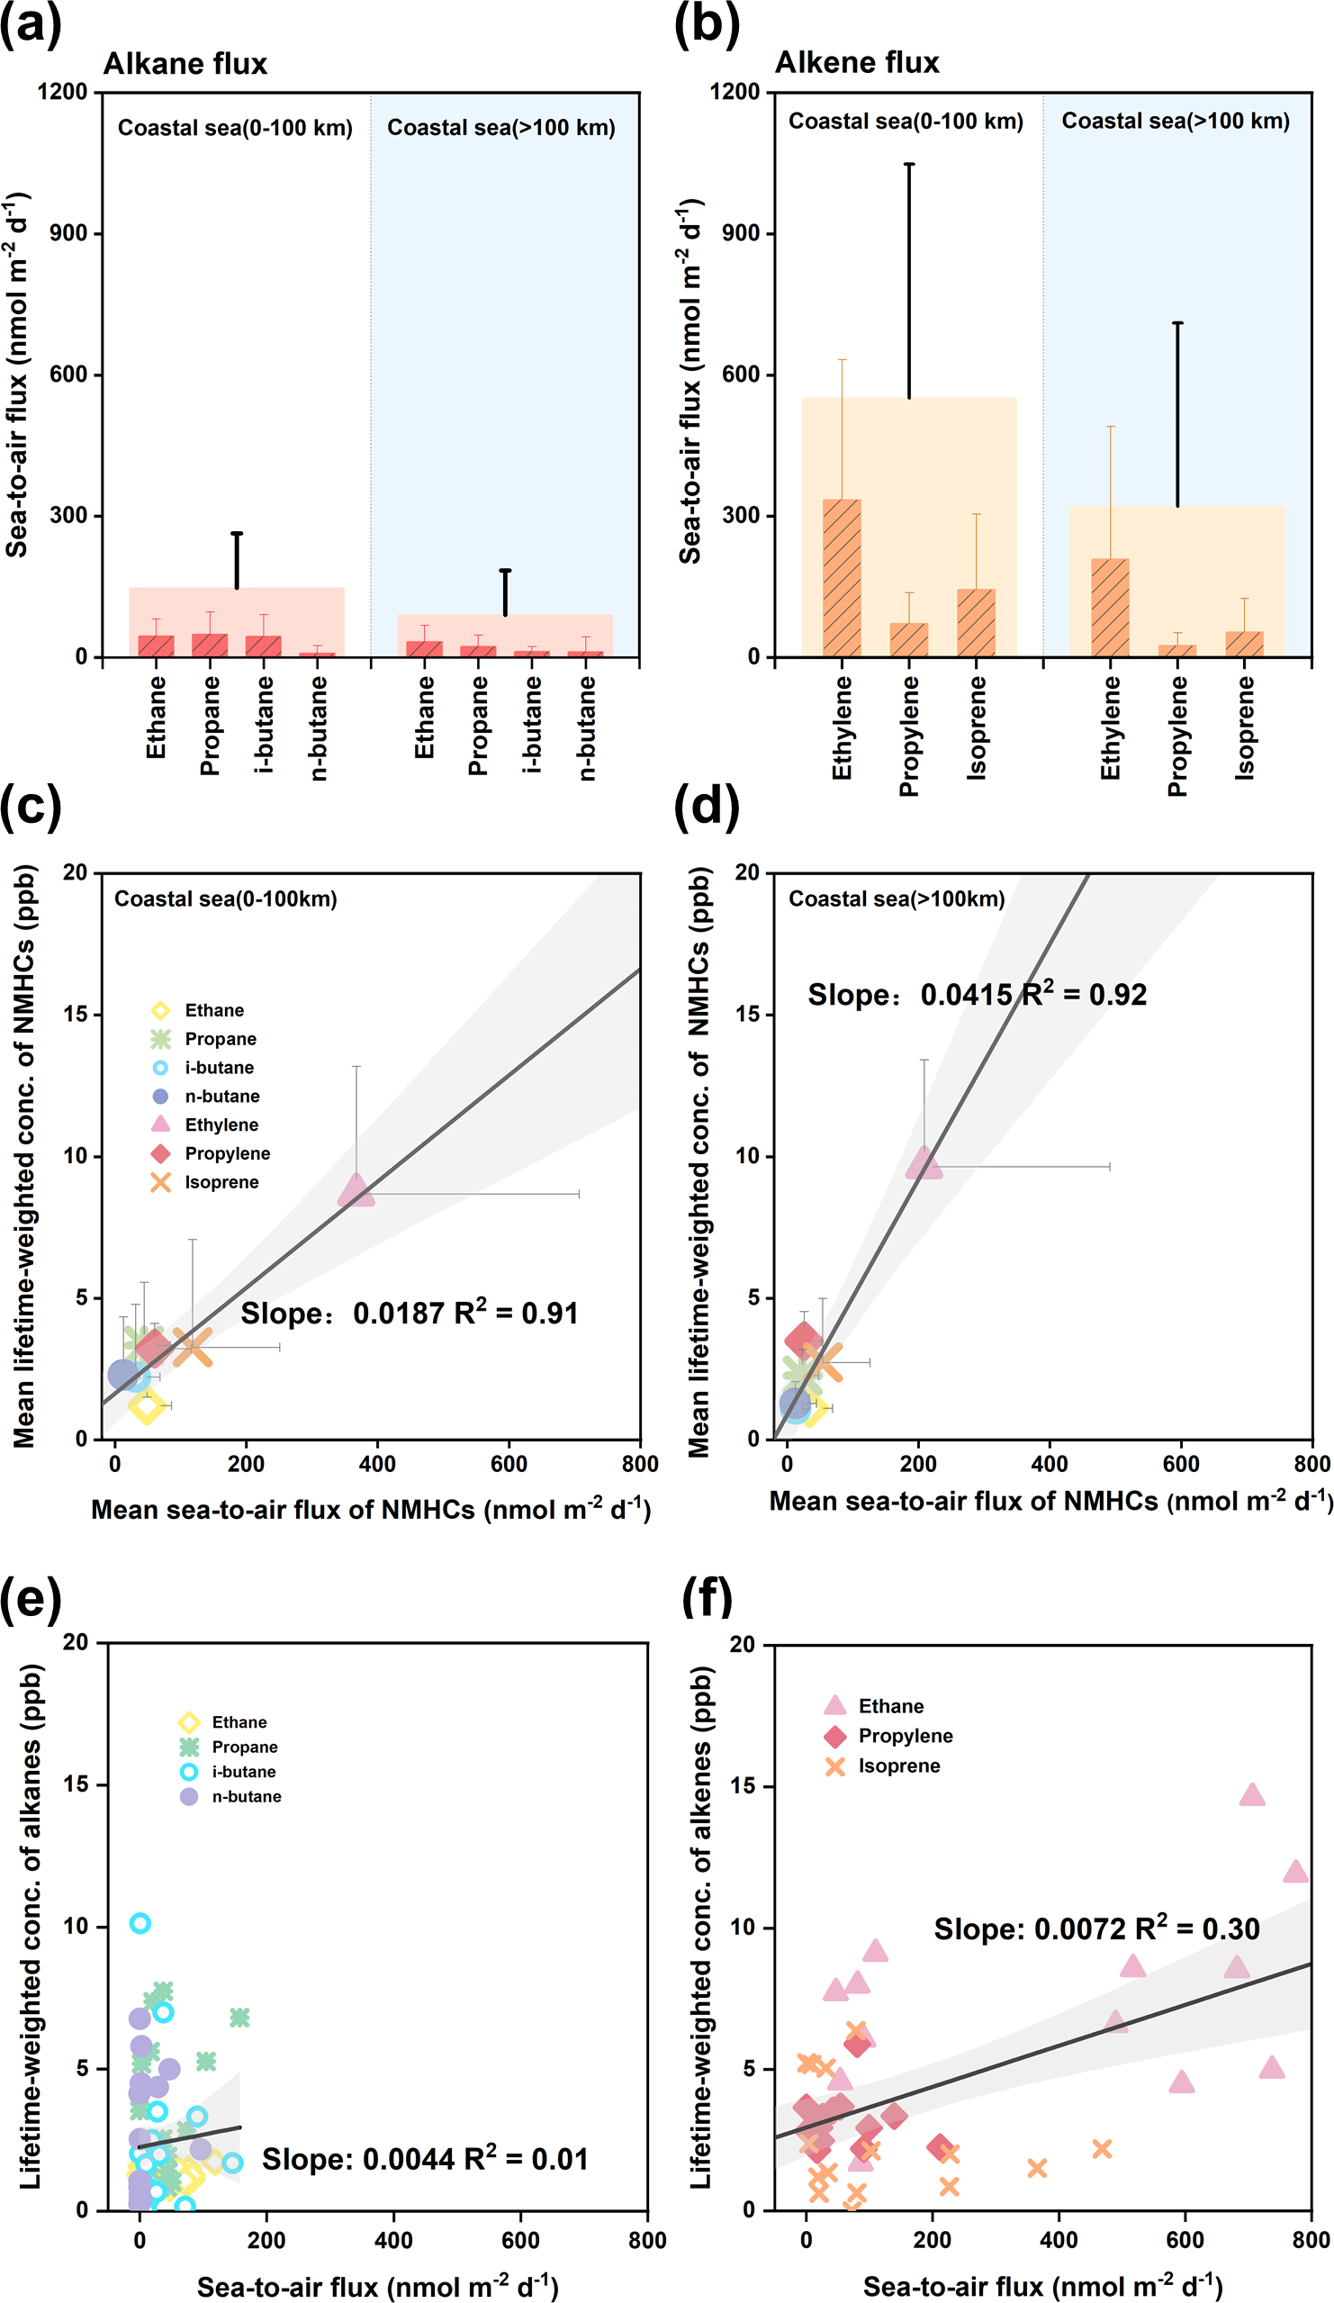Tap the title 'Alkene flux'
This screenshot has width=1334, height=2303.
856,62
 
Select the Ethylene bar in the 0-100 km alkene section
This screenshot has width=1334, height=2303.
842,577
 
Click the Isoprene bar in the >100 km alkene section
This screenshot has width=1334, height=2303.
1244,644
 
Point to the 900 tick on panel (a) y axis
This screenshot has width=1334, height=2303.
68,233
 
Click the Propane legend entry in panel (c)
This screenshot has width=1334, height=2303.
220,1039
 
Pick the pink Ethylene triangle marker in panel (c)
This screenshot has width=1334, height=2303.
356,1190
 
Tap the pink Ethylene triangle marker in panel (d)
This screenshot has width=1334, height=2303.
924,1162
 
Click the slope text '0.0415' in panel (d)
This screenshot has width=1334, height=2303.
966,994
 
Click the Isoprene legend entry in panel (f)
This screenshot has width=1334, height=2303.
898,1766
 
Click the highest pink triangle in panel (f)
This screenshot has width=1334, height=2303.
1252,1795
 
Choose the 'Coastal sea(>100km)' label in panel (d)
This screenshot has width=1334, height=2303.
897,899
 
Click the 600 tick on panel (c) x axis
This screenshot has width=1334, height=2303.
508,1463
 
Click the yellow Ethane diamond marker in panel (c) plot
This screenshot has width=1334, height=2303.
146,1406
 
